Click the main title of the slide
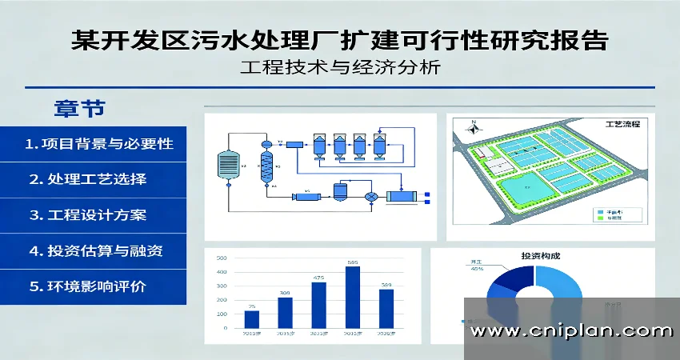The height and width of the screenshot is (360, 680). click(339, 38)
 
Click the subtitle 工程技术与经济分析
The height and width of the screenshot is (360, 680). click(340, 69)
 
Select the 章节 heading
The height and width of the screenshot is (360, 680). click(79, 107)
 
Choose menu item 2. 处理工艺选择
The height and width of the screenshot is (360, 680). click(88, 179)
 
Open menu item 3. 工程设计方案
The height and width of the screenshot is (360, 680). click(88, 215)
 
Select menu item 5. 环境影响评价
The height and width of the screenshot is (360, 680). click(88, 286)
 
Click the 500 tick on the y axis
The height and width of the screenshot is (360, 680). click(222, 258)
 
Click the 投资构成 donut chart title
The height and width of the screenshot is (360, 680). click(541, 256)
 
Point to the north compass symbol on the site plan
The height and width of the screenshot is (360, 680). click(474, 123)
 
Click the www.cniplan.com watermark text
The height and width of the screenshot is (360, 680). click(570, 330)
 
